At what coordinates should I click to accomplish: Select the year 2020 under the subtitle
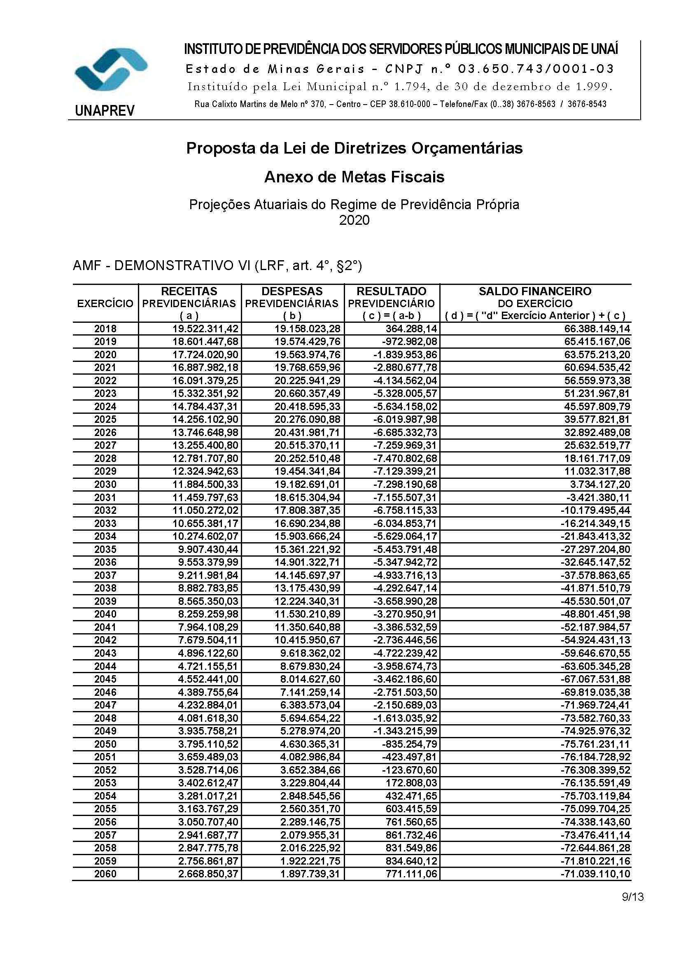tap(354, 220)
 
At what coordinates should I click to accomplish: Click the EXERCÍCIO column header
tap(105, 303)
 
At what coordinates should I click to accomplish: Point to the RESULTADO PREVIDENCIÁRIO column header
tap(392, 303)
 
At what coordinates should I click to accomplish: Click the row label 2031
tap(105, 497)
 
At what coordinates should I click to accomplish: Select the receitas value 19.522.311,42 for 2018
tap(205, 329)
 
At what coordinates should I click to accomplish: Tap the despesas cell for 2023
tap(308, 394)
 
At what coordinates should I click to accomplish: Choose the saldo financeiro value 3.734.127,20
tap(599, 485)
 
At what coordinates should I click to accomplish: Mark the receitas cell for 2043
tap(208, 653)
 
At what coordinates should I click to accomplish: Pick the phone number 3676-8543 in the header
tap(587, 104)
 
